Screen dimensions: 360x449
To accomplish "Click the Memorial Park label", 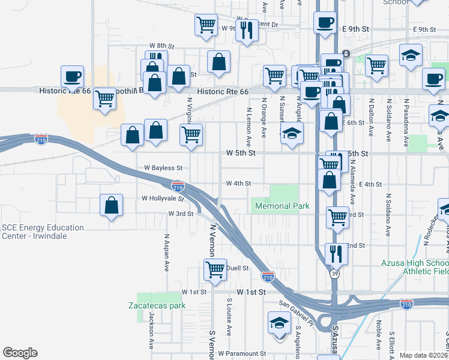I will [x=282, y=206].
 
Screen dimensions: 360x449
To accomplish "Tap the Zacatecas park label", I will [x=157, y=305].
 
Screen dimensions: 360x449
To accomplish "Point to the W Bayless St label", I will [x=162, y=169].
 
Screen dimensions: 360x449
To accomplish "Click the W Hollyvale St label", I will [x=162, y=198].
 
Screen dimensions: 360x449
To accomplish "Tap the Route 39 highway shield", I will [x=334, y=274].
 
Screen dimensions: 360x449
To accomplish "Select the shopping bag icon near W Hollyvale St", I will [x=112, y=205].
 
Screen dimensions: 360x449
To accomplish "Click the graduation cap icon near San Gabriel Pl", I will [x=279, y=323].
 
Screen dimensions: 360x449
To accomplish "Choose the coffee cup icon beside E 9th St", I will [x=325, y=23].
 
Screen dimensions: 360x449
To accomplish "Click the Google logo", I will [x=20, y=353].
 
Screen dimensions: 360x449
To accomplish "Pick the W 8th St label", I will [x=161, y=46].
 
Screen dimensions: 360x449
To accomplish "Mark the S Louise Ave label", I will [x=229, y=323].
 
